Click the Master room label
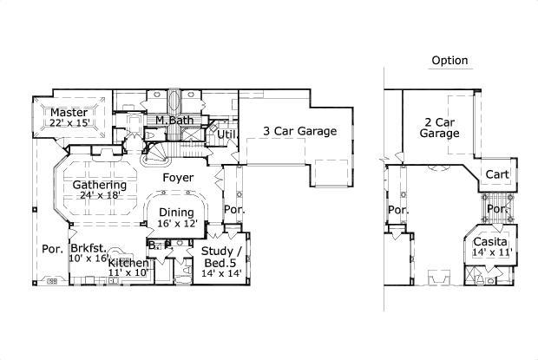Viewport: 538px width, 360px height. click(x=66, y=113)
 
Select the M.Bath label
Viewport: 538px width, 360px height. click(x=174, y=120)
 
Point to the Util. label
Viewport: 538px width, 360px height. click(x=227, y=134)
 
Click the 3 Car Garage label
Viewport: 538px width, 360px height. click(x=299, y=131)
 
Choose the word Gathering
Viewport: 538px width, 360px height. click(x=100, y=185)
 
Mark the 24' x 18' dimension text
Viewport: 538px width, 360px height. click(x=100, y=196)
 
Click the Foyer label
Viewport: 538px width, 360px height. click(x=178, y=178)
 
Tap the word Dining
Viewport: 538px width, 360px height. click(x=176, y=212)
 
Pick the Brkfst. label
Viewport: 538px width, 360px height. click(x=89, y=247)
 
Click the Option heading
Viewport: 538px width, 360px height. click(x=449, y=61)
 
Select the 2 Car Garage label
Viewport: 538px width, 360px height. click(x=439, y=128)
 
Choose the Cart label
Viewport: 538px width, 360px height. click(x=497, y=174)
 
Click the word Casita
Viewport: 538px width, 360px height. click(x=492, y=240)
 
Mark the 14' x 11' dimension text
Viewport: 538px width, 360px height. click(x=492, y=252)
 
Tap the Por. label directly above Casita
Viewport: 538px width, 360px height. click(x=497, y=209)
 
